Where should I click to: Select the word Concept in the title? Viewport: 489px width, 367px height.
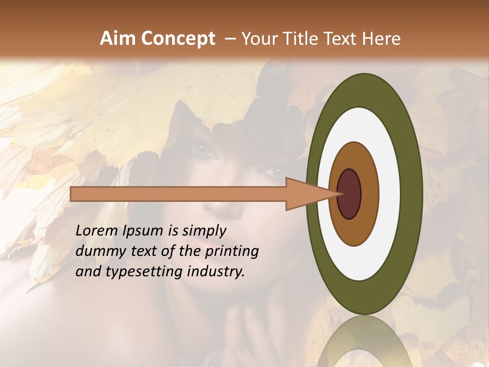coord(177,39)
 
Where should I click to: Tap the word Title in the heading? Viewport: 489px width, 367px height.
coord(303,39)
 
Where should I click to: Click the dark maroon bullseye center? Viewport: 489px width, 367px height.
coord(349,194)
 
